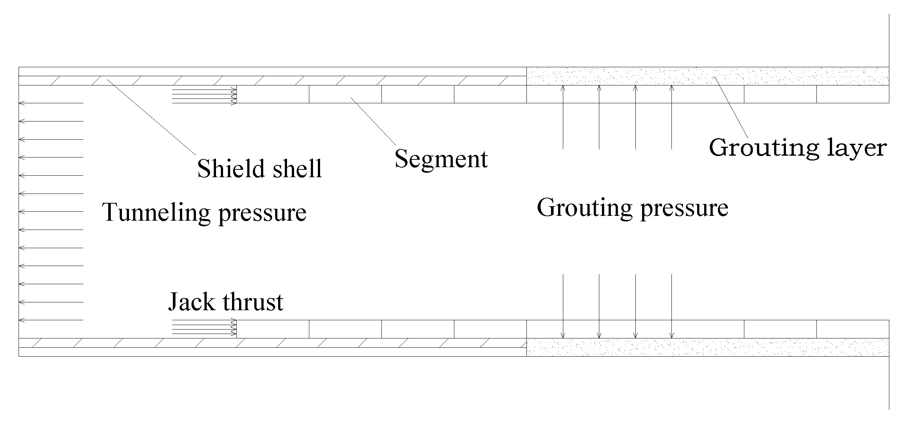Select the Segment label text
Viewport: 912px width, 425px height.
(441, 159)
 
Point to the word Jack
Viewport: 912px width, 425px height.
(191, 302)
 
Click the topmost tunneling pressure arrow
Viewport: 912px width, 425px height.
(51, 103)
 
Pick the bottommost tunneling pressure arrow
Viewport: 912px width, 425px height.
(51, 320)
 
